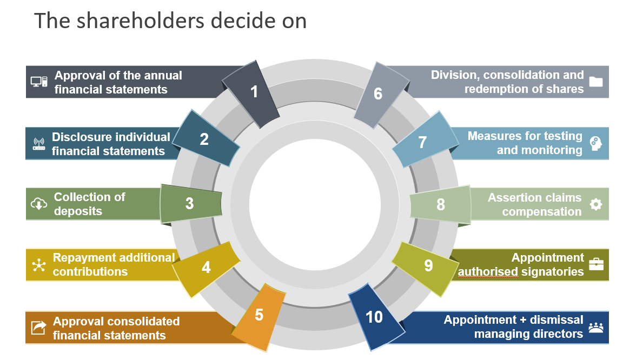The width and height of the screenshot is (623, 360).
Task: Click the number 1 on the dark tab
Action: coord(254,92)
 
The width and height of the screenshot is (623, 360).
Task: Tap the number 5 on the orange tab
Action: coord(259,315)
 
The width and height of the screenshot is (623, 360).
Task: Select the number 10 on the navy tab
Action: coord(374,317)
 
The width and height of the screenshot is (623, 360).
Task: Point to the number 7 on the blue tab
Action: coord(422,142)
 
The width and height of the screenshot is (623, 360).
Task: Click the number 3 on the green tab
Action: coord(189,203)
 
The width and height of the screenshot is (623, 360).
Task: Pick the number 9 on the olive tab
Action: coord(428,265)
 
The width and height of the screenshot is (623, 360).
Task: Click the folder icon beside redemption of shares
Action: coord(595,82)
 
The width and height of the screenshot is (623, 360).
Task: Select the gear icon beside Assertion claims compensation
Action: coord(595,204)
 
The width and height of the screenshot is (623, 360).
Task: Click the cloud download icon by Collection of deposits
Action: coord(39,203)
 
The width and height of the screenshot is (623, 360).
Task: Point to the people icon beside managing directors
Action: coord(595,327)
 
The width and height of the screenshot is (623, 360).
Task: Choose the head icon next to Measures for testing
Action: coord(595,143)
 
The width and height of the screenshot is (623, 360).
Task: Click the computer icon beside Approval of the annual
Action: coord(39,82)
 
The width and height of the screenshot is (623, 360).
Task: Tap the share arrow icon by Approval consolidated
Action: coord(38,328)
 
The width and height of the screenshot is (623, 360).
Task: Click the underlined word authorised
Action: coord(488,272)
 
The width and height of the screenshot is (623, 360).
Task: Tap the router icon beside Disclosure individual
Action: coord(39,144)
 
